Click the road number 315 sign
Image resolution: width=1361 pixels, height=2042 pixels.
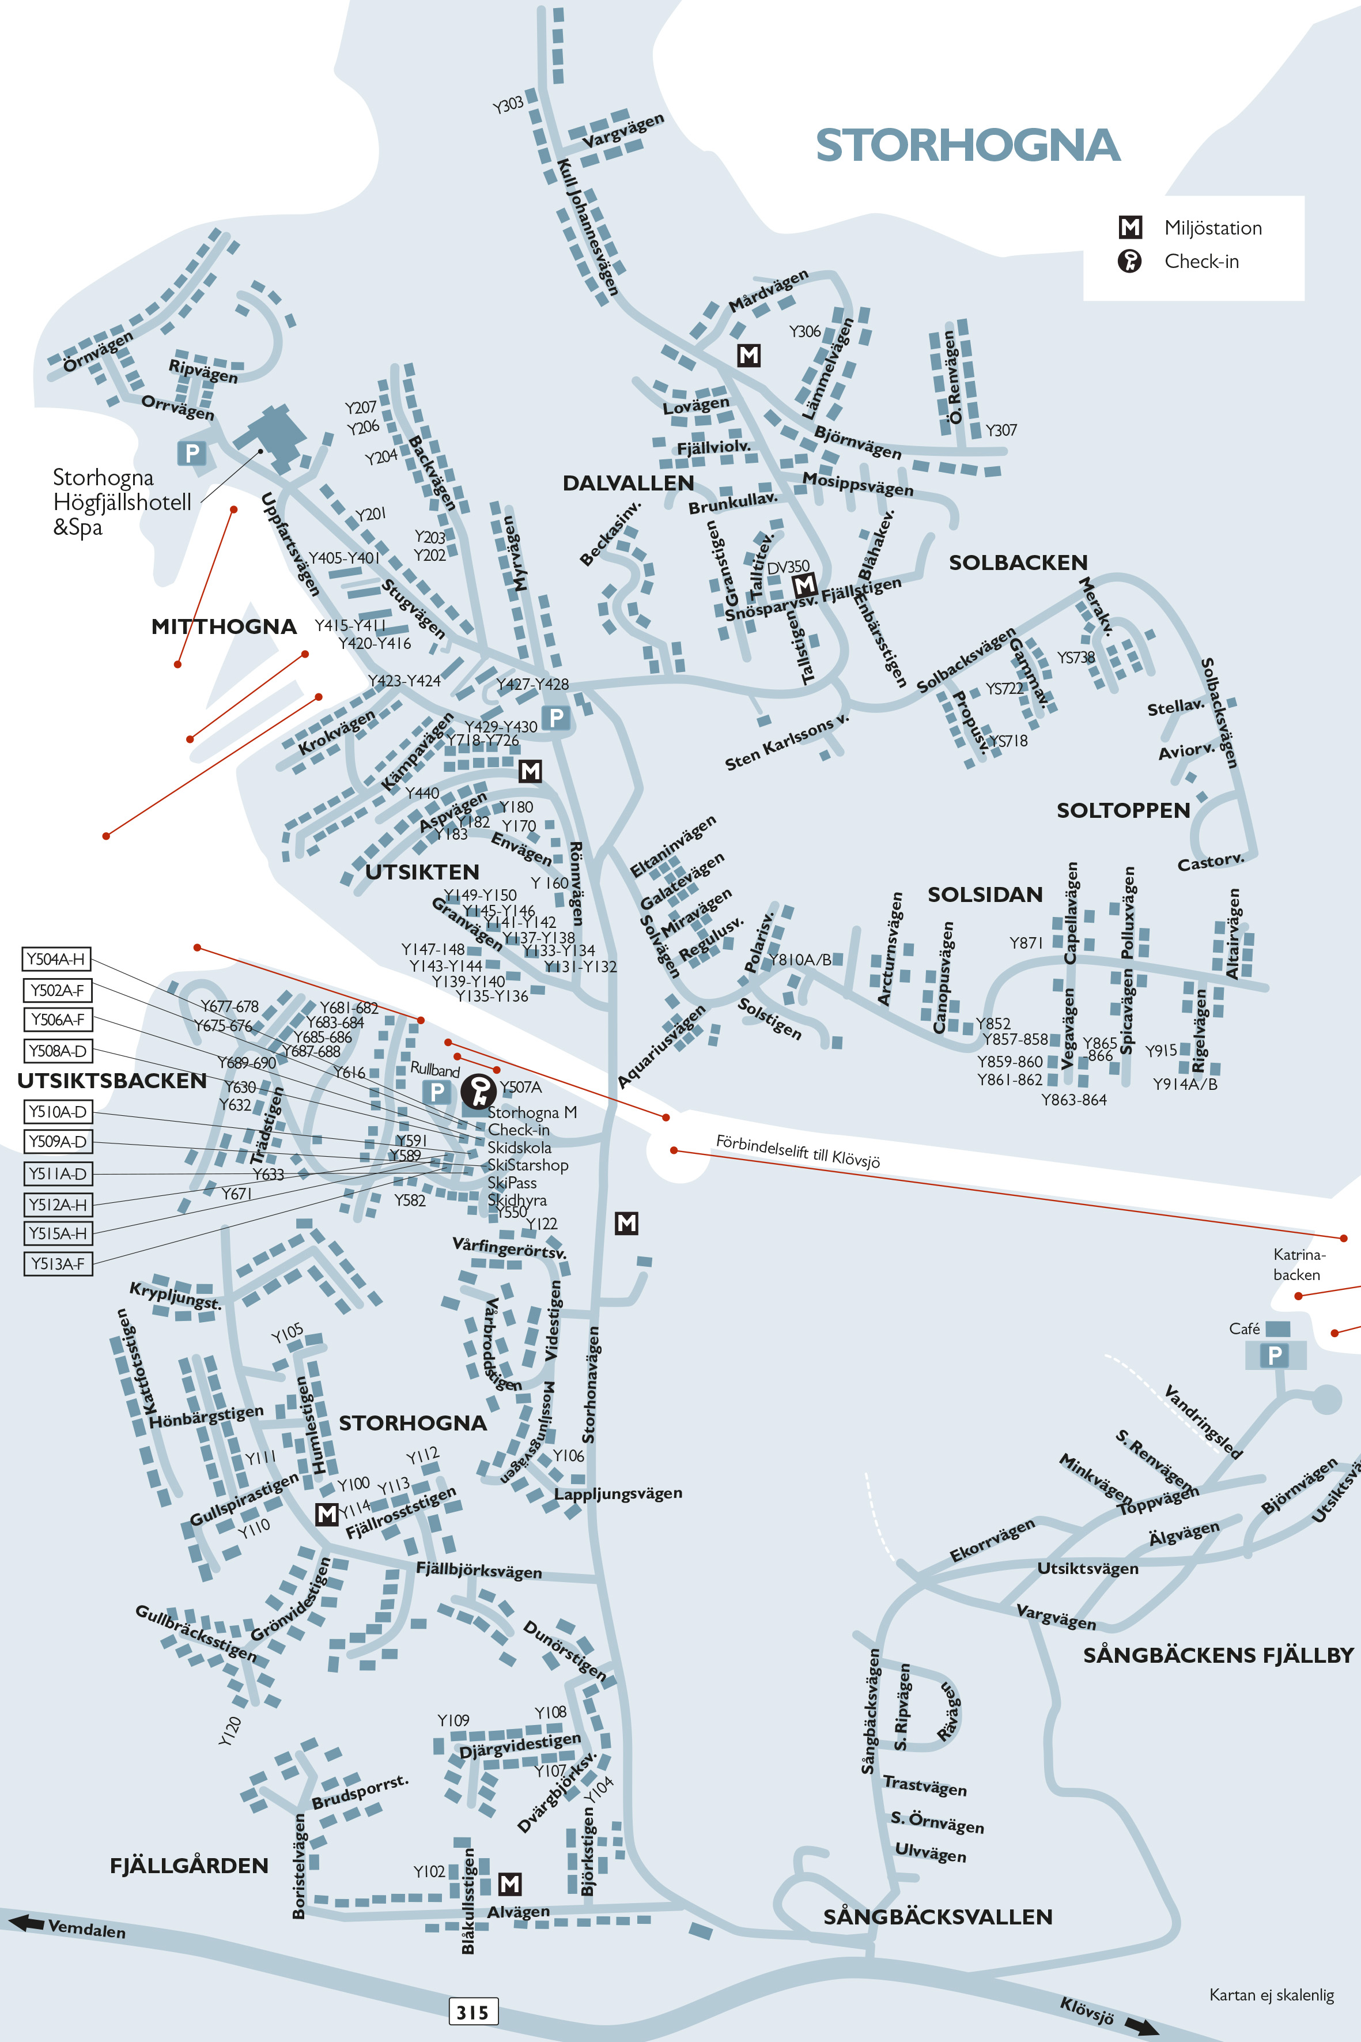(473, 2011)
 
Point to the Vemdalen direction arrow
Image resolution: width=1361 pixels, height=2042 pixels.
(26, 1922)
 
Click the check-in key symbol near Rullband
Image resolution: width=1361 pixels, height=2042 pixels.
(478, 1090)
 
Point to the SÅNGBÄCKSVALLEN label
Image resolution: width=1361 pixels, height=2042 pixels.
(937, 1916)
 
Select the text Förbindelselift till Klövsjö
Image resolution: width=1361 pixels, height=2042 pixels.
(797, 1150)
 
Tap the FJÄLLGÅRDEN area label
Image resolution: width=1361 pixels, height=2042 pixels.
(188, 1866)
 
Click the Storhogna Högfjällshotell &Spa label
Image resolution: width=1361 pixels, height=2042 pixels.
(122, 502)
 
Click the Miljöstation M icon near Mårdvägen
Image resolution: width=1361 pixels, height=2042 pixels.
(748, 355)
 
